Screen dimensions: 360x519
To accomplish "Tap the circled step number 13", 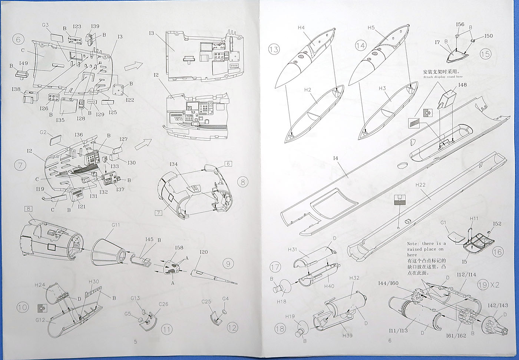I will tap(274, 49).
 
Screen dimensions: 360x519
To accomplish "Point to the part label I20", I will tap(204, 252).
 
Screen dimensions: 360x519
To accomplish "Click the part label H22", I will tap(420, 184).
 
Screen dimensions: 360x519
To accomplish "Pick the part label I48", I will tap(462, 85).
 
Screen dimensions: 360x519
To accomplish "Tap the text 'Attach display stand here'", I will tap(443, 77).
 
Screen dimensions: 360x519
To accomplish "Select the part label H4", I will tap(301, 28).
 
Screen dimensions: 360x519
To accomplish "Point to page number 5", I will tap(135, 342).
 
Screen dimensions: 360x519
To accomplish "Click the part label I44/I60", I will tap(388, 283).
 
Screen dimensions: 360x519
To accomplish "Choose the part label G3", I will tap(46, 25).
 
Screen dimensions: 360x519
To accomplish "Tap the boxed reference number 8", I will tap(29, 209).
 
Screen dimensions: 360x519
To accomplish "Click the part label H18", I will tap(281, 302).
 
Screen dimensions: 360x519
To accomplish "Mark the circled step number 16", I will tap(498, 252).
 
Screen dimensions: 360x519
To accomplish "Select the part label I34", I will tap(174, 164).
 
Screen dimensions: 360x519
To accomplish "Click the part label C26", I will tap(163, 304).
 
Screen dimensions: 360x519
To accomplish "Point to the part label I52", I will tap(497, 224).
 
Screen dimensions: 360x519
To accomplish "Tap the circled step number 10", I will tap(22, 307).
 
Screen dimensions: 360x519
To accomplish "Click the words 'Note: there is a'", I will tap(426, 244).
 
